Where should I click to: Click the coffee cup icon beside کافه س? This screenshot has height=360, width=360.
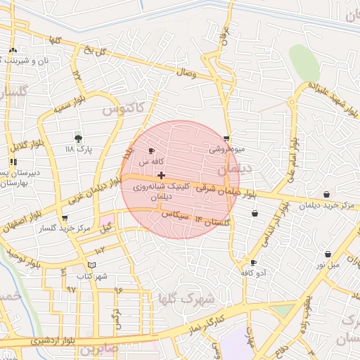(x=151, y=150)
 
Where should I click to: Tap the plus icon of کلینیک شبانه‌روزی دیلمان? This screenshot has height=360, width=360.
(x=162, y=175)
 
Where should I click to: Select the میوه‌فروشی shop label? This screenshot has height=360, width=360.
(x=226, y=149)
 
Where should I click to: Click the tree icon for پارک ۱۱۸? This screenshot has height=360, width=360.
(x=78, y=138)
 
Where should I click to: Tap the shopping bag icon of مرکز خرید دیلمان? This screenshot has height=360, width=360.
(x=326, y=195)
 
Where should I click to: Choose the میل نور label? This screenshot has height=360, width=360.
(x=328, y=265)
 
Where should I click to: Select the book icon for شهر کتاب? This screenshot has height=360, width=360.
(x=91, y=265)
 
